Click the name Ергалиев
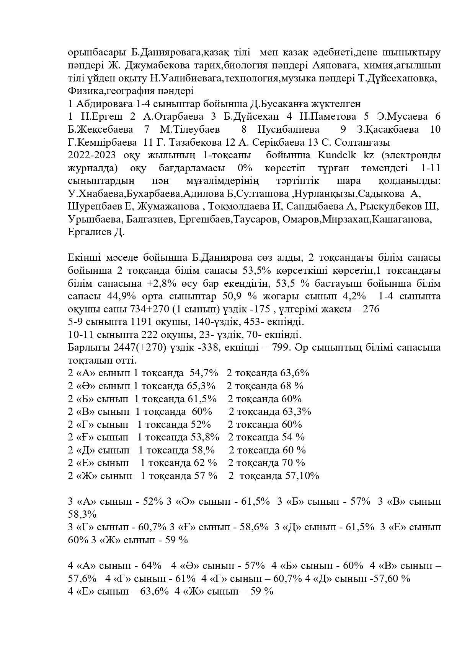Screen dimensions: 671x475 (88, 232)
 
